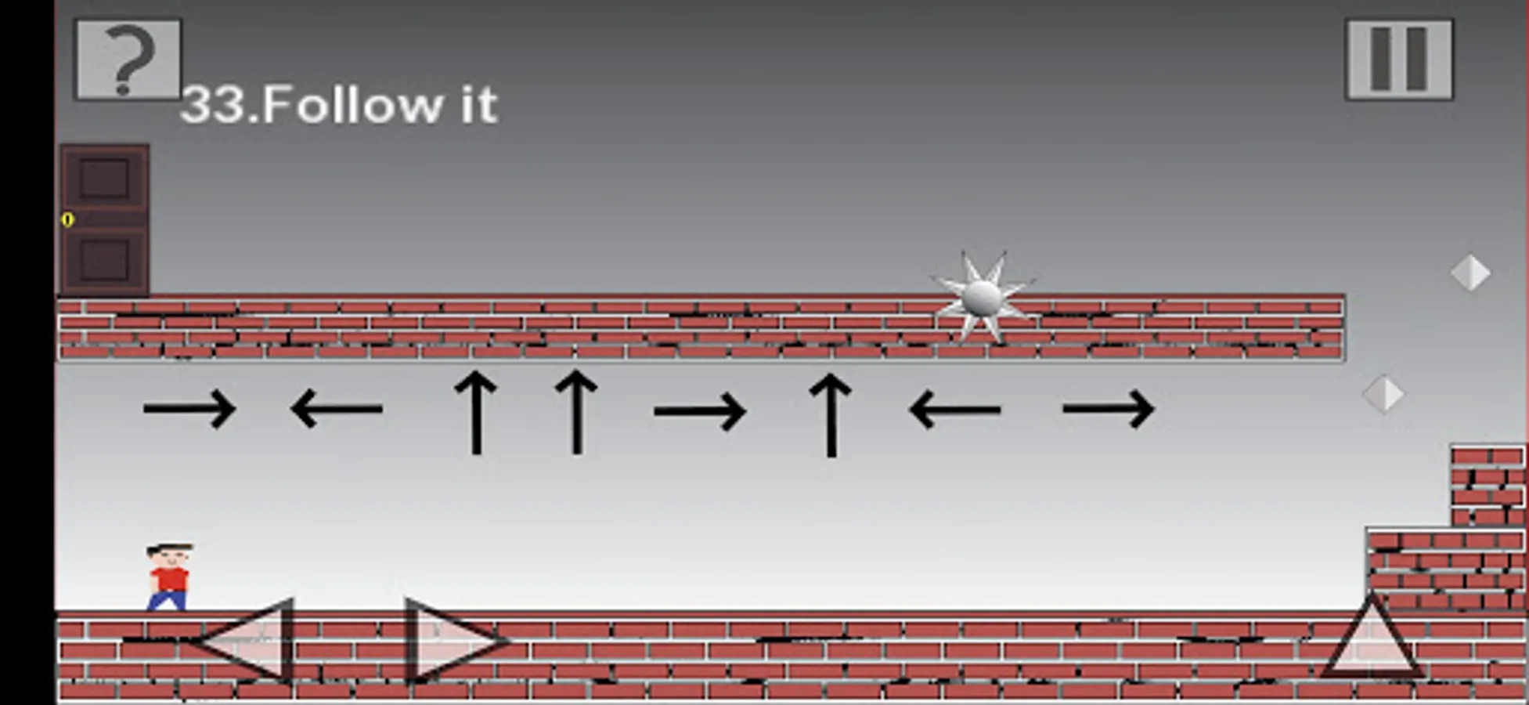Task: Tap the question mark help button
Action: [128, 60]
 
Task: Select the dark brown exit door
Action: [104, 219]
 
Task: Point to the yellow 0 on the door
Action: [67, 220]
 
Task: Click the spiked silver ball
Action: [982, 298]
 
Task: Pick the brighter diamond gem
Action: [1470, 273]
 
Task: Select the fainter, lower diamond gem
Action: [1383, 394]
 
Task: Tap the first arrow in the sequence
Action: [189, 409]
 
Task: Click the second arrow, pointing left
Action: [337, 409]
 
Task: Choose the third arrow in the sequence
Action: [476, 412]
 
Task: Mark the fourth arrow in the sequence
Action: [576, 412]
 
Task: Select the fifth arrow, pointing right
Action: [700, 410]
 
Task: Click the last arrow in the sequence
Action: [1108, 409]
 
